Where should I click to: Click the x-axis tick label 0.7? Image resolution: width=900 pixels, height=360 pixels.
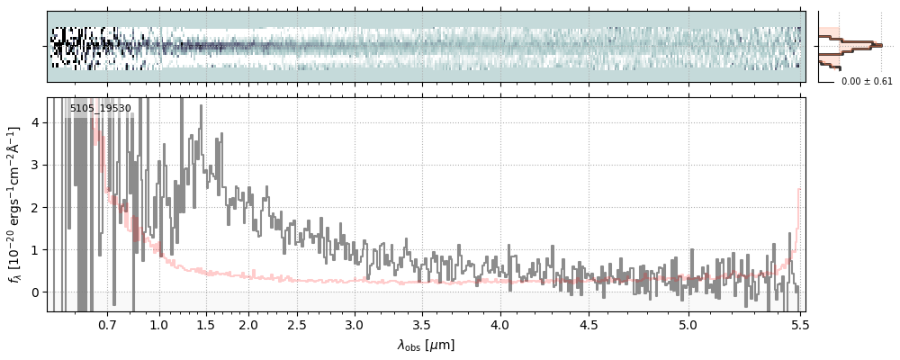click(x=107, y=324)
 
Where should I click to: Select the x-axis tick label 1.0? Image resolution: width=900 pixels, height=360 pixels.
click(x=159, y=324)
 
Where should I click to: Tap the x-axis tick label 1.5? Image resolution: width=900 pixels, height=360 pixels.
click(x=205, y=324)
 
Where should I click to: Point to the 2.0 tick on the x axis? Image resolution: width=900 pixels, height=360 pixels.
click(x=249, y=324)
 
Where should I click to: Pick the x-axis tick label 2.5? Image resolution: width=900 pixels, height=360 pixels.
click(x=297, y=324)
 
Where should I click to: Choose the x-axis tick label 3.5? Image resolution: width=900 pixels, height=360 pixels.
click(x=422, y=324)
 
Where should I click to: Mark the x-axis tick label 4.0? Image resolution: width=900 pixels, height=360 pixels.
click(x=500, y=324)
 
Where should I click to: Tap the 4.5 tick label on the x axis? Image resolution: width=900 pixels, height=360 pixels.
click(x=589, y=324)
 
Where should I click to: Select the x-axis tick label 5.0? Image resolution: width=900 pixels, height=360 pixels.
click(x=688, y=324)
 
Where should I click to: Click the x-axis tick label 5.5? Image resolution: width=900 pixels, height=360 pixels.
click(x=797, y=324)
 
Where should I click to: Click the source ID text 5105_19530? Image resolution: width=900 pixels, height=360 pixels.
click(x=100, y=109)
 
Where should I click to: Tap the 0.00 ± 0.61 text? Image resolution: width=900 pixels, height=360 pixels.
click(x=867, y=82)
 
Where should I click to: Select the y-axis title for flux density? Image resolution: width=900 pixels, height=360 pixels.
click(x=15, y=205)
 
